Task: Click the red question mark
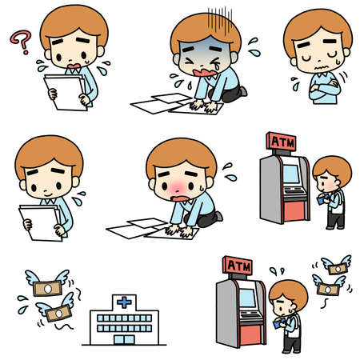click(20, 38)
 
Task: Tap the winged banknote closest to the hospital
click(58, 312)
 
